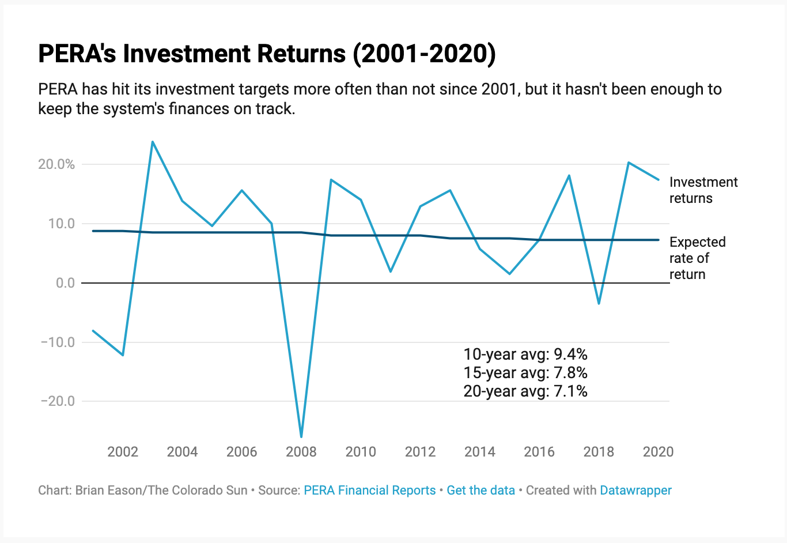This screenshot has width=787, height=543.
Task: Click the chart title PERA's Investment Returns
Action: (x=267, y=54)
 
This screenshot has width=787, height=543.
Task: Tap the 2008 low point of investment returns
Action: (x=301, y=436)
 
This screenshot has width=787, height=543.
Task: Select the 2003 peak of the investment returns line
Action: (x=152, y=142)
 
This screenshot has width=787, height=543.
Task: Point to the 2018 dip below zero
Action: (x=599, y=303)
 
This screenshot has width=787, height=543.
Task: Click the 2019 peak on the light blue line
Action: (x=629, y=163)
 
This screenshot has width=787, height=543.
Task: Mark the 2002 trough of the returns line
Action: (x=123, y=355)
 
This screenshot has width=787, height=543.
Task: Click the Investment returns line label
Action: (x=703, y=190)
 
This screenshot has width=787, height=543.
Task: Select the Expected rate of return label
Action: (x=697, y=258)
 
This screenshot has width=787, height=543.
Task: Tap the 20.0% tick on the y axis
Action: (x=56, y=164)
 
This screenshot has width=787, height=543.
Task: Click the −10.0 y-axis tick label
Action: (x=58, y=342)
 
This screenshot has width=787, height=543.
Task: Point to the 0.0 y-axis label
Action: (x=65, y=283)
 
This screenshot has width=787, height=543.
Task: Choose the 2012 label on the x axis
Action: (x=420, y=451)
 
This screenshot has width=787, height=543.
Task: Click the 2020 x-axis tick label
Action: (x=658, y=451)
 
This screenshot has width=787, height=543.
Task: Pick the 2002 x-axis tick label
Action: (x=123, y=451)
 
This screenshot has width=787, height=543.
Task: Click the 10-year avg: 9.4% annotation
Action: (x=525, y=354)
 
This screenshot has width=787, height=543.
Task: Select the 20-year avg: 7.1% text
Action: (x=525, y=391)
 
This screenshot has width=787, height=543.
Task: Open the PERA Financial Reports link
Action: (x=369, y=490)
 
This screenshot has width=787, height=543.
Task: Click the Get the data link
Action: (x=480, y=490)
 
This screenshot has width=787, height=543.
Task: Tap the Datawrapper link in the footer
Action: (x=635, y=490)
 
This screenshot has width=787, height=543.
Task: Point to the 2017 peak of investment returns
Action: (x=569, y=175)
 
